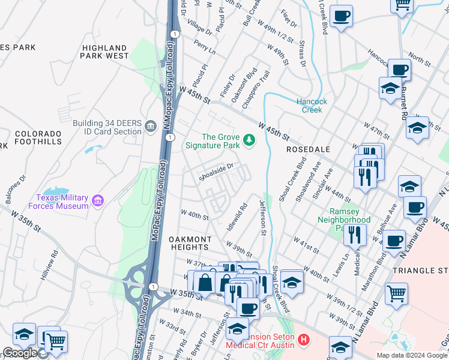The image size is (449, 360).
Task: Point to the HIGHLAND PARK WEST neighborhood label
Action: (105, 52)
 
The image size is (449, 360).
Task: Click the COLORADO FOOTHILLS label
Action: (38, 137)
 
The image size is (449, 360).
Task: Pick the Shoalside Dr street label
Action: (215, 171)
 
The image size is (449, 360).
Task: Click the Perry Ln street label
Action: (205, 48)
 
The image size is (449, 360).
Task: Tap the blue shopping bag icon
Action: (205, 282)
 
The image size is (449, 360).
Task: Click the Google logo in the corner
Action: (20, 353)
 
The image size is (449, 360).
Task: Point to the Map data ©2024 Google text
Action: (412, 355)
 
